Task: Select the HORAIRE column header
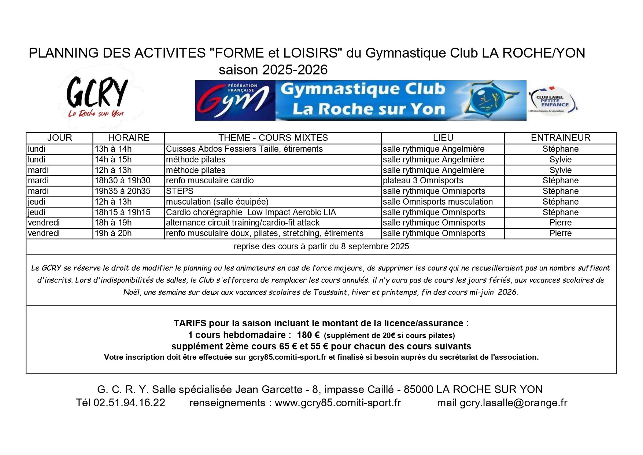[x=129, y=138]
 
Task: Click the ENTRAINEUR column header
[x=560, y=138]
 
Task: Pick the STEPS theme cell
[x=180, y=191]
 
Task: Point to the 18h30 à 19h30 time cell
[x=122, y=181]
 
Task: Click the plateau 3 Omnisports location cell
[x=423, y=181]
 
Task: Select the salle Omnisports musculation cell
[x=437, y=202]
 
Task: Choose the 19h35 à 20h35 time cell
[x=122, y=191]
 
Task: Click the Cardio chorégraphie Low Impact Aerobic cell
[x=251, y=213]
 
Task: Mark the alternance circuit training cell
[x=243, y=223]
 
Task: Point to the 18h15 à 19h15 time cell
[x=122, y=213]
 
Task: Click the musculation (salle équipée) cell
[x=217, y=202]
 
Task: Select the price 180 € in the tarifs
[x=308, y=335]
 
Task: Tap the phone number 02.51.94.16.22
[x=129, y=403]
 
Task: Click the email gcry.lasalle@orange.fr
[x=513, y=403]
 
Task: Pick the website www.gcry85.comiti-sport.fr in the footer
[x=337, y=403]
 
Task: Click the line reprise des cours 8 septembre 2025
[x=321, y=247]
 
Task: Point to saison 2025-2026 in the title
[x=273, y=70]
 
